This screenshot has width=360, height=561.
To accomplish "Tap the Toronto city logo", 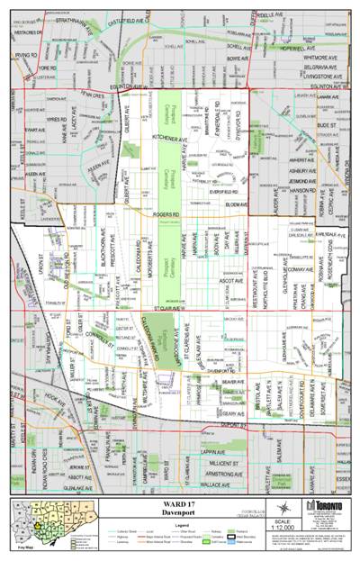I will (321, 506).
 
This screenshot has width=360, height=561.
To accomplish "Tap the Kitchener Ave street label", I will (169, 140).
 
